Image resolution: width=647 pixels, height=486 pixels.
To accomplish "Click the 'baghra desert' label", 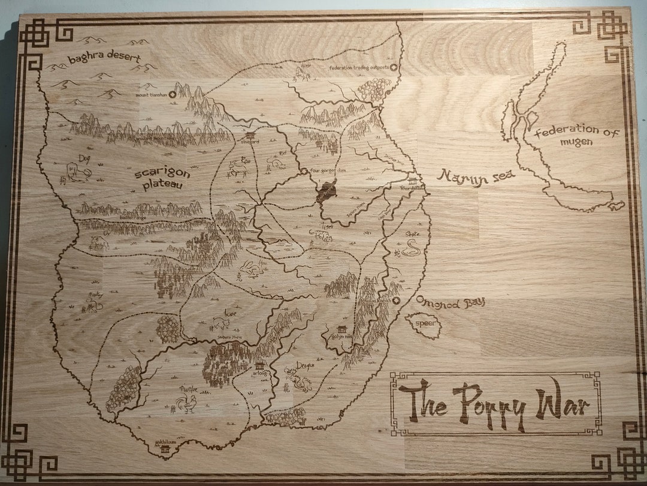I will pos(104,59).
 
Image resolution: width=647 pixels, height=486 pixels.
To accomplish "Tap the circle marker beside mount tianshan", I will pos(173,94).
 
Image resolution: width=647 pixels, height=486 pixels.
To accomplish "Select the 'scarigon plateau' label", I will pos(162,178).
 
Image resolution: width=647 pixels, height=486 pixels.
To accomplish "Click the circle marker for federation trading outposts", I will pos(393,67).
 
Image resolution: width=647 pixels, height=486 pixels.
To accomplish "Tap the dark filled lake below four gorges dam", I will pos(327,193).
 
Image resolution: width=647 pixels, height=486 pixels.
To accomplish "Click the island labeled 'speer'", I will pos(424,325).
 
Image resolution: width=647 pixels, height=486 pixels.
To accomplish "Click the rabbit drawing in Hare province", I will pos(251,269).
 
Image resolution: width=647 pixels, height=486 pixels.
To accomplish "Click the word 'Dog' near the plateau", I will pos(83,158).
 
